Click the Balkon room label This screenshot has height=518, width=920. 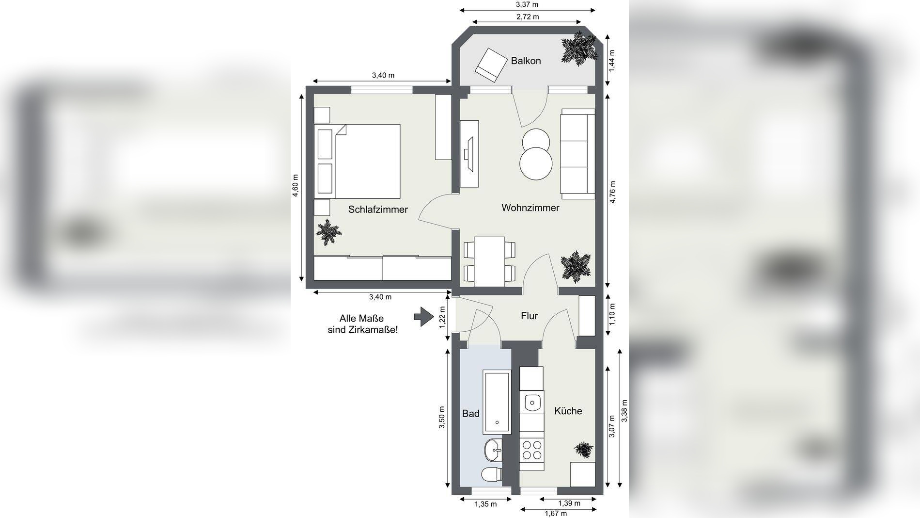pos(526,61)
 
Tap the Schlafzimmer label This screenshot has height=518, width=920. pos(378,210)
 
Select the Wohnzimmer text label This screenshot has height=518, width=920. pos(530,208)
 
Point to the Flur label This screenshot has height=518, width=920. pos(530,316)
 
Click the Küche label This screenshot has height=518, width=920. pos(568,411)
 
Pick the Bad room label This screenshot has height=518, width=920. pos(471,413)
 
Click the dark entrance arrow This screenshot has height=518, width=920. pos(424,317)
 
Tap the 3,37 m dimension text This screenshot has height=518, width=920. pos(527,4)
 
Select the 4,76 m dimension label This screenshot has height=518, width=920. pos(613,192)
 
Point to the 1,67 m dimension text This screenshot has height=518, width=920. pos(555,514)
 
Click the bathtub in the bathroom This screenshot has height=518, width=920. pos(497,402)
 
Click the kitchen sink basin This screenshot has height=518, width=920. pos(532,402)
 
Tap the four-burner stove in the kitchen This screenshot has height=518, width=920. pos(532,449)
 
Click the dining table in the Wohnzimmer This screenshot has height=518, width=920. pos(489,261)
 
